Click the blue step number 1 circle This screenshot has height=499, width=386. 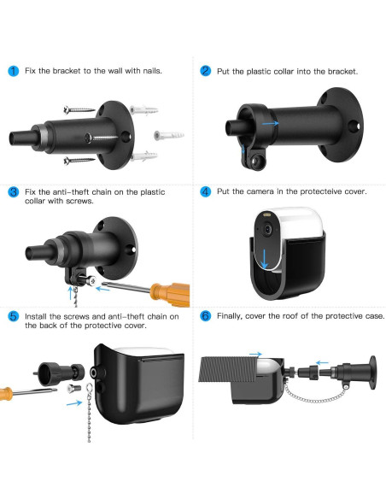click(13, 71)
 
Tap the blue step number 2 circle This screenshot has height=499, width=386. click(206, 71)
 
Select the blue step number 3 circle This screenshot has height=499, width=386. click(13, 192)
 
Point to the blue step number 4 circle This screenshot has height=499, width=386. click(206, 191)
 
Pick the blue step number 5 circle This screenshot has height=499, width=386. click(13, 316)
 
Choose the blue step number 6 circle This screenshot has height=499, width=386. click(206, 316)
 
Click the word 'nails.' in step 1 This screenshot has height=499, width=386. click(152, 71)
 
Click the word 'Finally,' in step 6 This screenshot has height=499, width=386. click(230, 316)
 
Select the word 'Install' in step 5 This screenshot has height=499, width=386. click(36, 316)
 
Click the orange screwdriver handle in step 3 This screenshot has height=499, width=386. click(170, 294)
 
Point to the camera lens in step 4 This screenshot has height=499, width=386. click(267, 229)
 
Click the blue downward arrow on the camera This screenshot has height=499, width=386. click(264, 258)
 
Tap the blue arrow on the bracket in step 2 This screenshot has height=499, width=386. click(270, 123)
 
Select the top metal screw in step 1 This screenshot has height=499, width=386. click(79, 110)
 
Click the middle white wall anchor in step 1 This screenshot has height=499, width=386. click(168, 135)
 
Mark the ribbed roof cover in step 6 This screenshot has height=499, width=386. click(227, 369)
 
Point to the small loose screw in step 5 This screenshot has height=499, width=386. click(73, 388)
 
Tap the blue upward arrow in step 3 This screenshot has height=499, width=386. click(71, 293)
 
